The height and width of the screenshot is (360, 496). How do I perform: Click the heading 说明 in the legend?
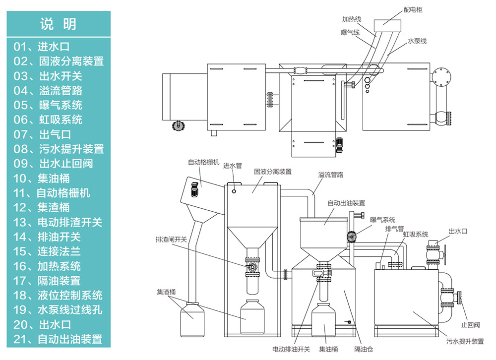pos(58,24)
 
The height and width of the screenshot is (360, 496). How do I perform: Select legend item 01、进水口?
pos(41,47)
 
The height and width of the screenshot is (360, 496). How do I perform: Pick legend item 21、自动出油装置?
pos(58,339)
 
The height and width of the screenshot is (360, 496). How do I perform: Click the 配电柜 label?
pos(413,9)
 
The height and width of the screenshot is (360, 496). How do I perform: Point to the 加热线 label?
pos(351,19)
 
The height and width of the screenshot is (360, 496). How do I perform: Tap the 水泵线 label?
pos(417,41)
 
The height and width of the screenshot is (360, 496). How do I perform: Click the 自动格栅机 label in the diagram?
pos(203,162)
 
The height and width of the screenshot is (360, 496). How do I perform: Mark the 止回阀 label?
pos(470,325)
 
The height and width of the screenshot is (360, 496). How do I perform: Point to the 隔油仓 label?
pos(364,349)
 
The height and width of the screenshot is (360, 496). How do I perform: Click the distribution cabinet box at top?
pos(384,24)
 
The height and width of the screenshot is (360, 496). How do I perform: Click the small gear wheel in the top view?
pos(178,126)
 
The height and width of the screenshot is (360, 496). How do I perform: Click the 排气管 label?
pos(394,229)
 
